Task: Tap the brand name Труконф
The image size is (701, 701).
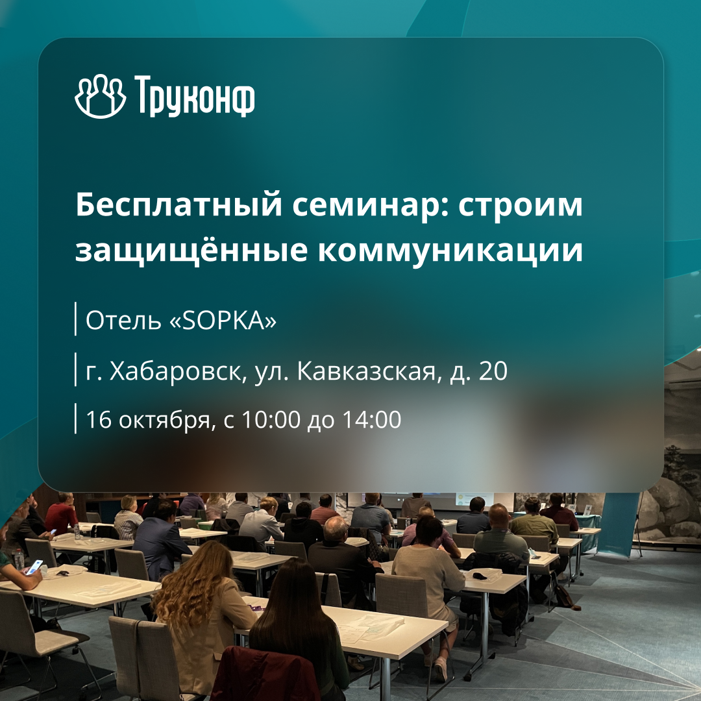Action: [x=195, y=98]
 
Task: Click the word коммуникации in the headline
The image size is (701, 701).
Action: [x=450, y=251]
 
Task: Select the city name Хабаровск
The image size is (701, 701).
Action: [x=174, y=371]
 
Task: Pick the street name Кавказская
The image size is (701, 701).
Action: [x=365, y=371]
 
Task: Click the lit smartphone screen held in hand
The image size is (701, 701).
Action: [x=34, y=567]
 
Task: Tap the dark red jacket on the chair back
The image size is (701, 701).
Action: [x=266, y=675]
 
